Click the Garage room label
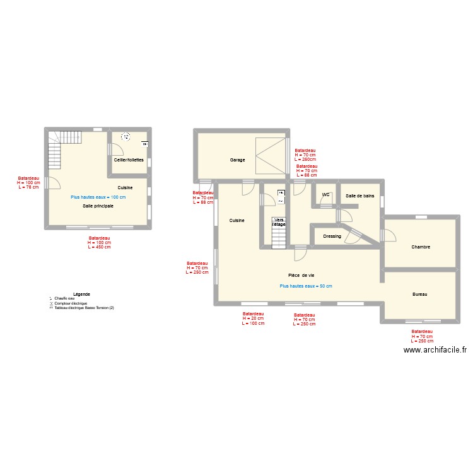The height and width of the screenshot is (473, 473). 237,160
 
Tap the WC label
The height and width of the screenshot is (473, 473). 325,195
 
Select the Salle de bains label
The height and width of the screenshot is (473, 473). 359,196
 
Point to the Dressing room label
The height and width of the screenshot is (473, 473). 332,237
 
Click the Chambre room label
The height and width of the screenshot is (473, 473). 420,247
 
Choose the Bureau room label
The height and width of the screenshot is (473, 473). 419,295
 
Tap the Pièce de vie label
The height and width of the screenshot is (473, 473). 301,276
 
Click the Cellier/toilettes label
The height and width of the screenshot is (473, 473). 129,160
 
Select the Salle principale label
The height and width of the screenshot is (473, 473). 98,206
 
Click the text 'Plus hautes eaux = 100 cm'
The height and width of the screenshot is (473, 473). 98,197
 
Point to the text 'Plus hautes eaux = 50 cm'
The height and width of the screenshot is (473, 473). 305,286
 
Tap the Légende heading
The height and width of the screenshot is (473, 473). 81,294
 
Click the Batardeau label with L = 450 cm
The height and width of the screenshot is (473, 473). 99,243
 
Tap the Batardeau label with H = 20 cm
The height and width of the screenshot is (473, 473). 253,318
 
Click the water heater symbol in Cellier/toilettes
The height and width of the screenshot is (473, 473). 125,136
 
